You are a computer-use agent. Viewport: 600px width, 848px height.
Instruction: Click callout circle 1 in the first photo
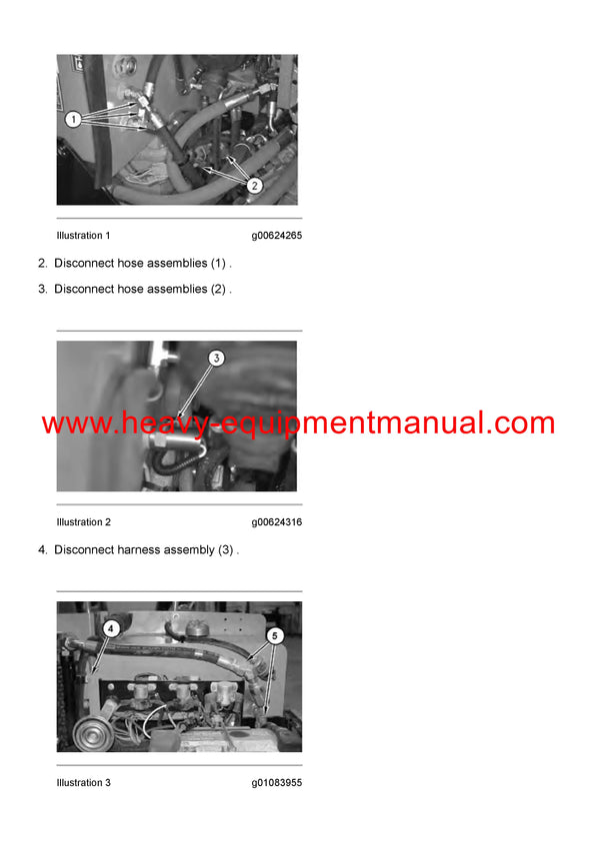click(73, 118)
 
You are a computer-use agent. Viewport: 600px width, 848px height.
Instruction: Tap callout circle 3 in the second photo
click(216, 357)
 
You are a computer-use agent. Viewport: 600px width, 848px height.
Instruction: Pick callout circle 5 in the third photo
click(276, 634)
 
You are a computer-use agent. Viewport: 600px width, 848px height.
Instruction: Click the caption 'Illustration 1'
click(83, 236)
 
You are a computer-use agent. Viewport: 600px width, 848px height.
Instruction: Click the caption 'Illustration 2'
click(83, 522)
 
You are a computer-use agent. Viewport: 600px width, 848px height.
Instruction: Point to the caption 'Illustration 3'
click(83, 783)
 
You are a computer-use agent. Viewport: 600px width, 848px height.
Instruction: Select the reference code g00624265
click(276, 236)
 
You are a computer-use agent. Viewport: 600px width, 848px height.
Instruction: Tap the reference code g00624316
click(276, 522)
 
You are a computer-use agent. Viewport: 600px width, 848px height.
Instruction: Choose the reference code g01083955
click(276, 783)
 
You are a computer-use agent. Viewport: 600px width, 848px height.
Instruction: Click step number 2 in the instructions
click(42, 264)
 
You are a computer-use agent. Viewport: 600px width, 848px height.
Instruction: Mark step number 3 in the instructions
click(42, 290)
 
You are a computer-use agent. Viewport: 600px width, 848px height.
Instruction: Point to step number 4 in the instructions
click(42, 550)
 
